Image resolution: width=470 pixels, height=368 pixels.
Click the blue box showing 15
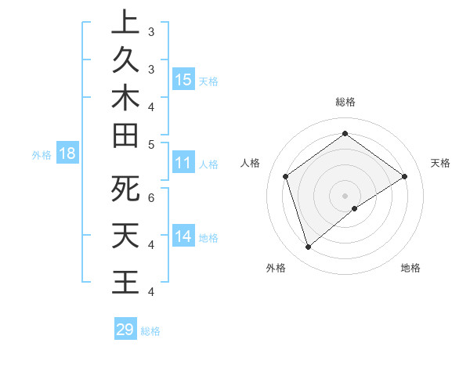tap(183, 80)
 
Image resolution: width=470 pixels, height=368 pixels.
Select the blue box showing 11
tap(183, 164)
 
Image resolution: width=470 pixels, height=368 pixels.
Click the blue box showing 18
tap(67, 154)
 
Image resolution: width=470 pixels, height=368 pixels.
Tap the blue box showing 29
tap(125, 330)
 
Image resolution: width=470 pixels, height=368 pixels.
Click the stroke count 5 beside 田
tap(150, 144)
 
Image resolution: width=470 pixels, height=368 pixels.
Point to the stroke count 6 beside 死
tap(150, 197)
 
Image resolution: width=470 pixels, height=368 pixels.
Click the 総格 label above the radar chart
tap(345, 102)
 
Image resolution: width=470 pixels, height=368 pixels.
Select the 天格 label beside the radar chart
tap(440, 163)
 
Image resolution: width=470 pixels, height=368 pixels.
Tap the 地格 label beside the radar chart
tap(410, 268)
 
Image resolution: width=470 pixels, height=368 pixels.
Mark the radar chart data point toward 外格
tap(308, 247)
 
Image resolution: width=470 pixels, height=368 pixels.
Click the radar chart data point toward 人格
tap(285, 176)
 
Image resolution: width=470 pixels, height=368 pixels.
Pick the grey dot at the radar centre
tap(345, 195)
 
